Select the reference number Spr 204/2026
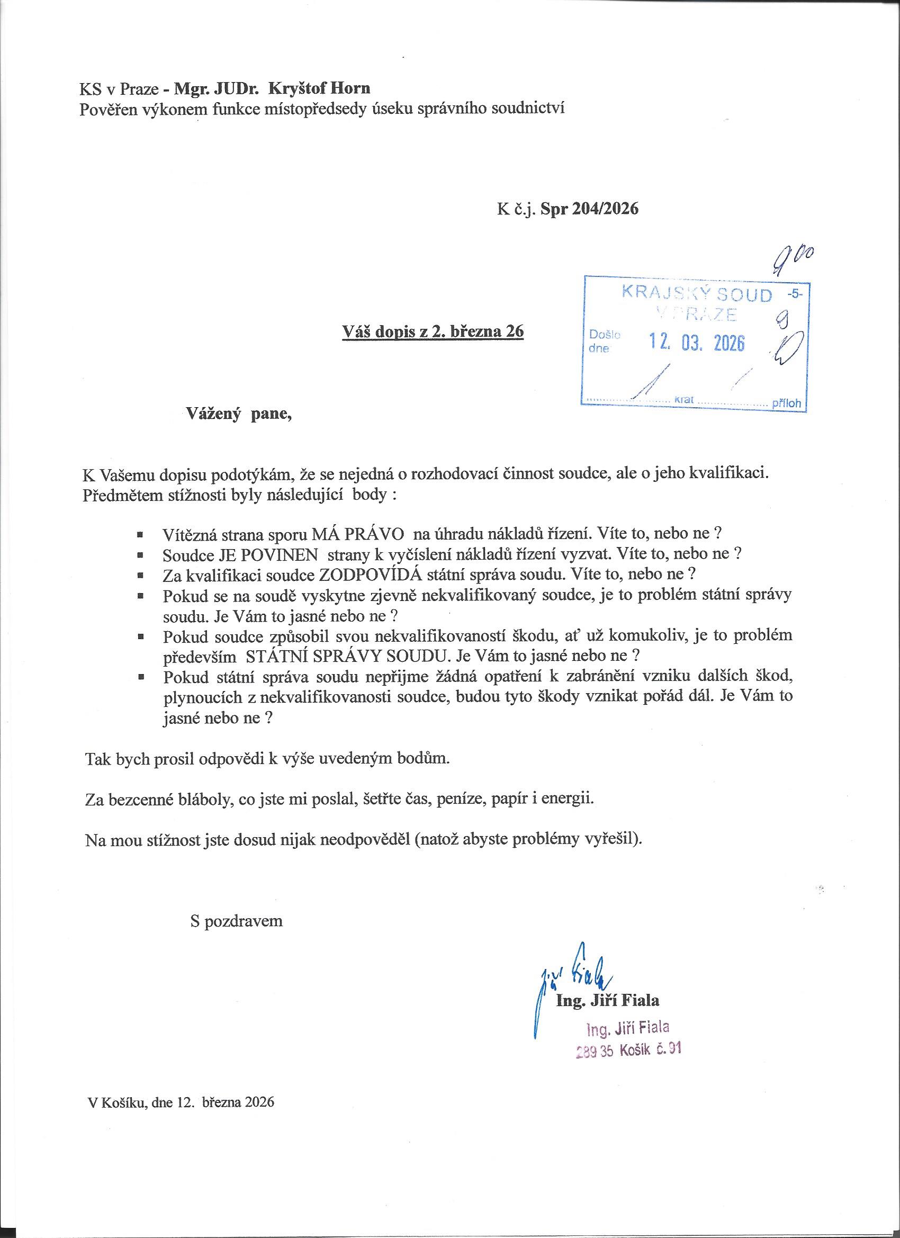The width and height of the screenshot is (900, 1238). pos(589,209)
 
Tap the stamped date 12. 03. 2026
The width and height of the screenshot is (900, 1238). pos(696,342)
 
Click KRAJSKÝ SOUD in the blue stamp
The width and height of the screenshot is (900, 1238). pos(697,294)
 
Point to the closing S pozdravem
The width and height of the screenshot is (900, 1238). pos(237,921)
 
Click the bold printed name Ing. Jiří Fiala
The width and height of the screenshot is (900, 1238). pos(607,1000)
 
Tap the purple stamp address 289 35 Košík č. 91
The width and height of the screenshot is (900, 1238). pos(628,1049)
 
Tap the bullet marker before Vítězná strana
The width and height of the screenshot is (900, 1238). pos(141,534)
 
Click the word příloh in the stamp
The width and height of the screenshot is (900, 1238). pos(786,405)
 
